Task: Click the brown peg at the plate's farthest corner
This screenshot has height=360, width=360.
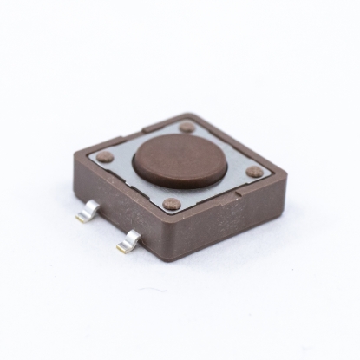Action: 187,127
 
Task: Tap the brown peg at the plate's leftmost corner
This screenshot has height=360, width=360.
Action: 105,157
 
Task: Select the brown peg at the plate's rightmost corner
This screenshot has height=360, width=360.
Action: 253,172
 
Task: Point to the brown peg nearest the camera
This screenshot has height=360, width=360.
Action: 172,205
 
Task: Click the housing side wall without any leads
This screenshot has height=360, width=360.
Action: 230,226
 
